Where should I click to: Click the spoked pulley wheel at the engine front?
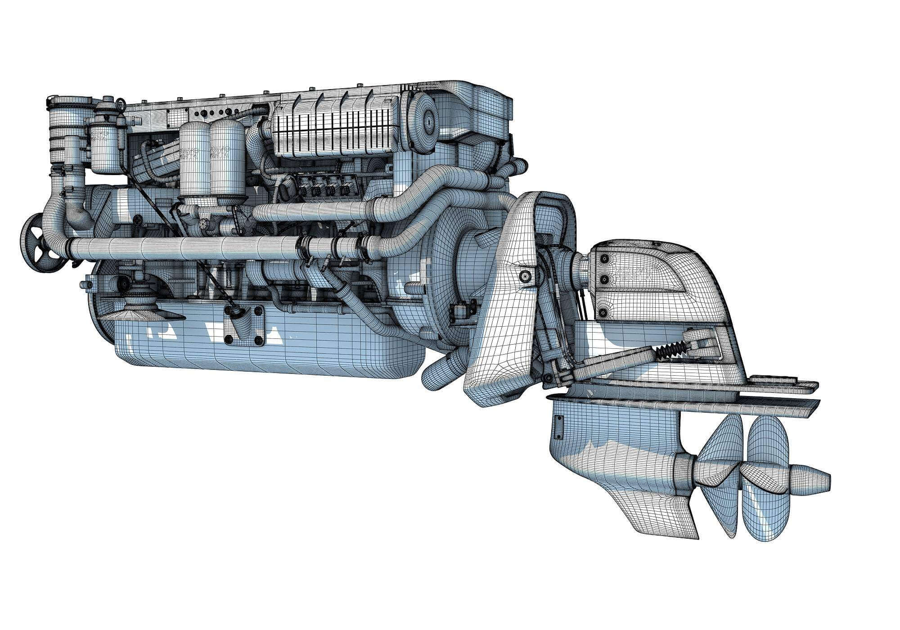coord(41,243)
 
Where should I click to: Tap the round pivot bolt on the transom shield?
coord(523,275)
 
